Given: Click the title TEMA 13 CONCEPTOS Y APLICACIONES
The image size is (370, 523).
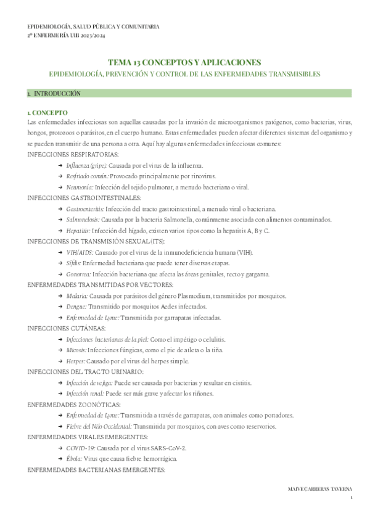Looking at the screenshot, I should tap(184, 62).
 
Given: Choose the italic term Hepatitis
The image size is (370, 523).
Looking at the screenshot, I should tap(78, 230).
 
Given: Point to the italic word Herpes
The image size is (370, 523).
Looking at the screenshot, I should tap(76, 361).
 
